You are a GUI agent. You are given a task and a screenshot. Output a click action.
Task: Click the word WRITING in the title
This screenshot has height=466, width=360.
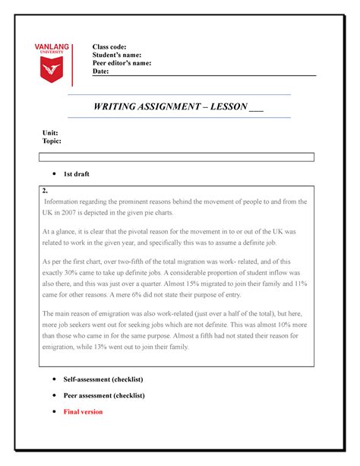[119, 106]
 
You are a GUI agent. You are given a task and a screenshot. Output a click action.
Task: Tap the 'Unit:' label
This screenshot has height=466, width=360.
[50, 133]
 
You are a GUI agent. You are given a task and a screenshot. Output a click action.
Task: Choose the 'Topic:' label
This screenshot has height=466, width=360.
[52, 141]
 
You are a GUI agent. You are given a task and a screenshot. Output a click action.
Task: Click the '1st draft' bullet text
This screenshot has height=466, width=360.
[76, 174]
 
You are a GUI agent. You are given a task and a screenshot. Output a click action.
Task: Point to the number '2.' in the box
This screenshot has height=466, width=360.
[46, 190]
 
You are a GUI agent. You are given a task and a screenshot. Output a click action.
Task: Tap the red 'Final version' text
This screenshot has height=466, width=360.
[82, 411]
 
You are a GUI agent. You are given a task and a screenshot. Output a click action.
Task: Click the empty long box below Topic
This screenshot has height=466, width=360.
[176, 157]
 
